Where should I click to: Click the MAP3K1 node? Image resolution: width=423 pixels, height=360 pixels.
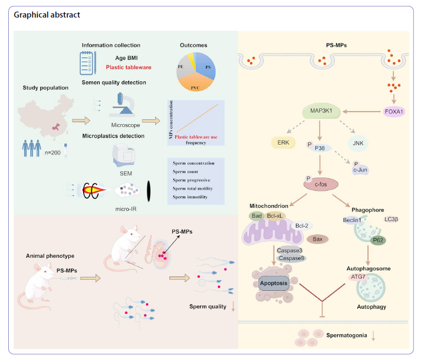pos(319,112)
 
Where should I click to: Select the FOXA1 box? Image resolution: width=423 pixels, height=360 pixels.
pos(394,112)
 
